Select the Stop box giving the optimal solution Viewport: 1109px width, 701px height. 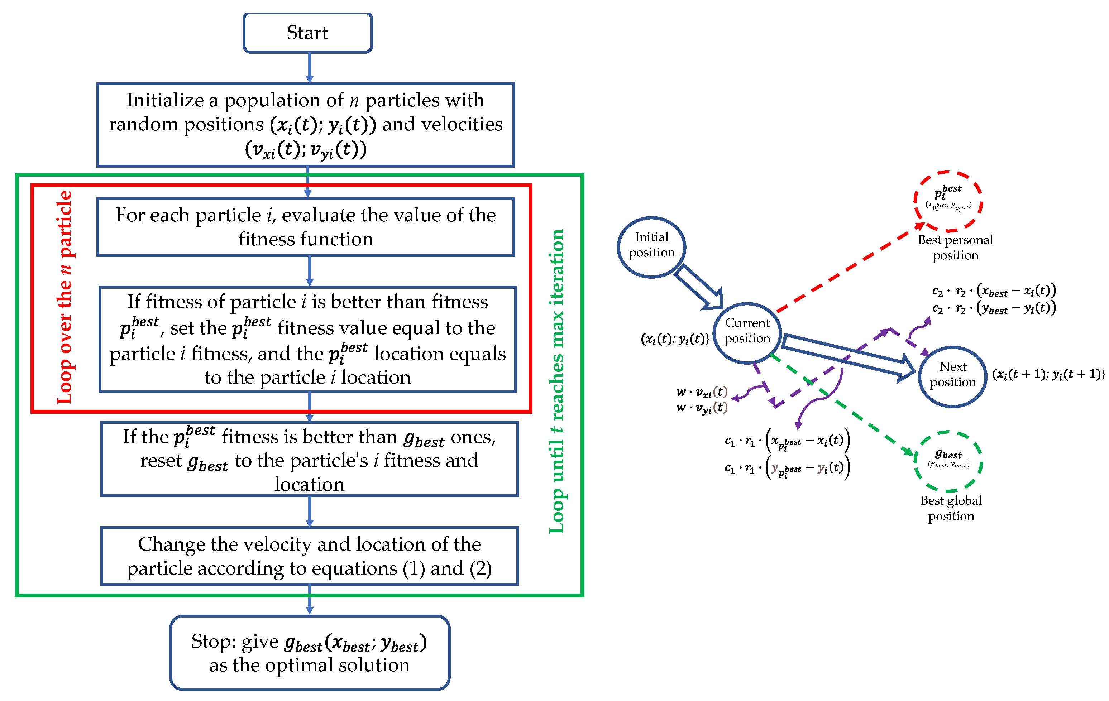click(310, 653)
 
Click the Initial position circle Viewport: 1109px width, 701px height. click(651, 247)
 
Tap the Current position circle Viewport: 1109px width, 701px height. click(747, 331)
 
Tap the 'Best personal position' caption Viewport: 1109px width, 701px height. click(955, 247)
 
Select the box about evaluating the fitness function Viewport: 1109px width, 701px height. click(305, 227)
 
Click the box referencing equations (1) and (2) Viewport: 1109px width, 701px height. click(310, 556)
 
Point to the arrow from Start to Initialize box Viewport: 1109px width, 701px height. click(310, 68)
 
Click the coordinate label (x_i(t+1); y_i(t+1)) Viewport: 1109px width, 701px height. click(1048, 374)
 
